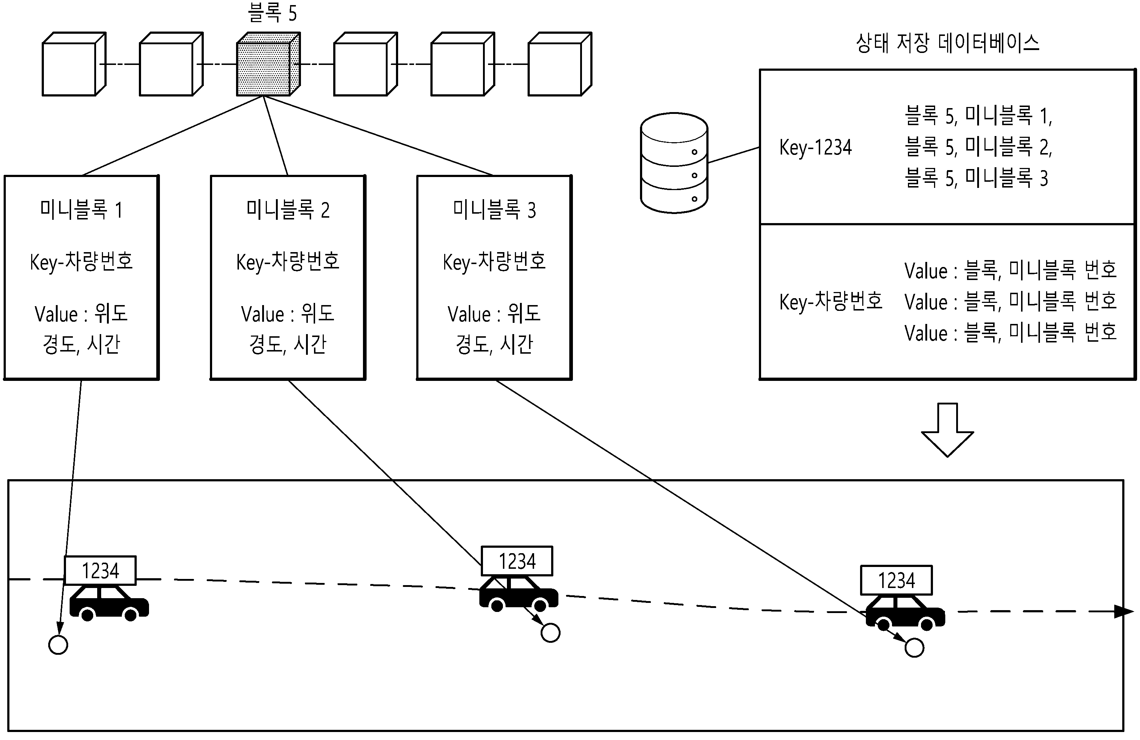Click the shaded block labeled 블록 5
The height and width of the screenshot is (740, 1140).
268,64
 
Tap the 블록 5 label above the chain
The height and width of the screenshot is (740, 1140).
272,12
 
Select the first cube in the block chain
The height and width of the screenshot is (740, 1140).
74,64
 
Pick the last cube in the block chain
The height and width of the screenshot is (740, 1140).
560,64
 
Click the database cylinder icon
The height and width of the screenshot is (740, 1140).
674,163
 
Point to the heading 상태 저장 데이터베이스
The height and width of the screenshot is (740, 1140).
947,43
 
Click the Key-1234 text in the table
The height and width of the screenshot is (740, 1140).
815,147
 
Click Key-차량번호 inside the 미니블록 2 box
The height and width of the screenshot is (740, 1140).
288,262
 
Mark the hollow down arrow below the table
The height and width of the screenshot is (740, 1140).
947,430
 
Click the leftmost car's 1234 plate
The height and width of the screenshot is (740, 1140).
100,570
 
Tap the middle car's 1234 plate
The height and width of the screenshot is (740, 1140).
517,561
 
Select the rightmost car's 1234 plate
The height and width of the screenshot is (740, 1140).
896,580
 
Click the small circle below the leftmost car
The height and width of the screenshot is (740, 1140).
58,645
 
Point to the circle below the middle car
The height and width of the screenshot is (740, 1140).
550,633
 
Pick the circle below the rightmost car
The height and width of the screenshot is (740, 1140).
914,648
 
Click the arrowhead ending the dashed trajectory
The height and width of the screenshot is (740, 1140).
1124,612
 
